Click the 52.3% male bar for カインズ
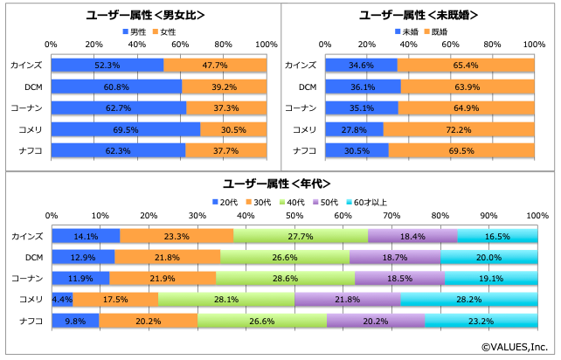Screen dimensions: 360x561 point(107,66)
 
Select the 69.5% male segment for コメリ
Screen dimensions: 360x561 point(125,129)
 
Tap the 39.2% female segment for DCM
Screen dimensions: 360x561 point(225,87)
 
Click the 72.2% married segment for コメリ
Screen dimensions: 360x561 point(459,129)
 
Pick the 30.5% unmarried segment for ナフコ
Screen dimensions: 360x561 point(356,150)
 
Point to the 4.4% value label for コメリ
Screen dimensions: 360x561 point(62,299)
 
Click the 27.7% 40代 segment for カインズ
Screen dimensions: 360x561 point(301,236)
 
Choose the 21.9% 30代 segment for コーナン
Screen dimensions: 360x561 point(163,278)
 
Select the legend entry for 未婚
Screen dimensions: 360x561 point(408,31)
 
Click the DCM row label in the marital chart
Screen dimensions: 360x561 point(307,87)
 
